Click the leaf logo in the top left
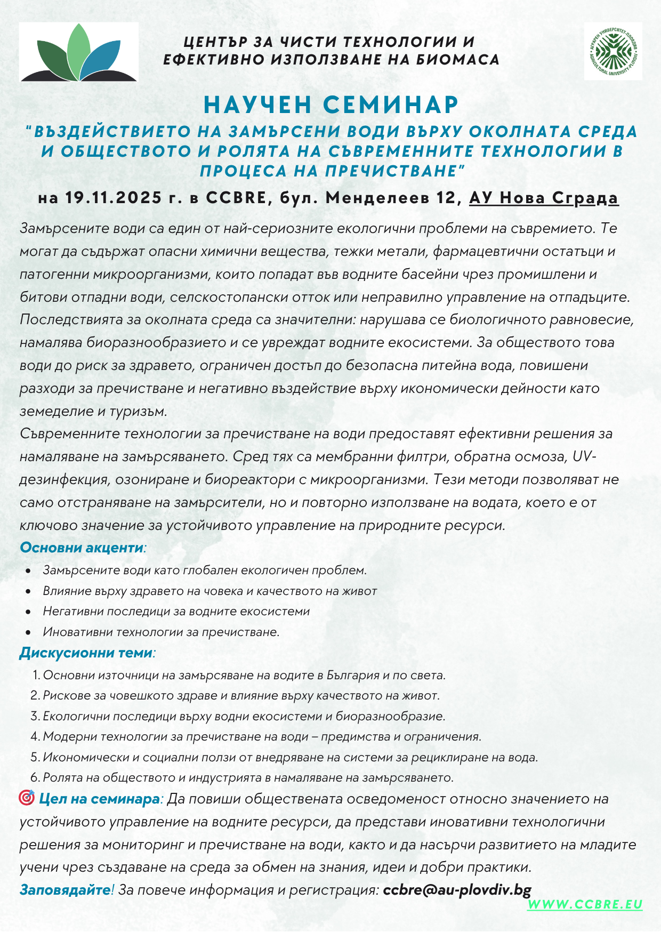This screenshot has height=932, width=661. pos(79,53)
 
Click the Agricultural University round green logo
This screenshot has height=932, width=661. pos(613,52)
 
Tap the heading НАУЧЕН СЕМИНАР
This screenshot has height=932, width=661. pos(330,105)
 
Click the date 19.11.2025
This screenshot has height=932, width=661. pos(113,198)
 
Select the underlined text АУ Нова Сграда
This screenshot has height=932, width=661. pos(543,198)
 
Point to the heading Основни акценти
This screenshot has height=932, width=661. pos(82,548)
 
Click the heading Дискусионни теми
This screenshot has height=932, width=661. pos(86,653)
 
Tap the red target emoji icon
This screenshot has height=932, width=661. pos(27,798)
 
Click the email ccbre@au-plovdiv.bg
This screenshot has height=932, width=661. pos(457,889)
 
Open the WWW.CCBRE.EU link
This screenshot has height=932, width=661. pos(584,904)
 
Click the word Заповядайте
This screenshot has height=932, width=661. pos(65,889)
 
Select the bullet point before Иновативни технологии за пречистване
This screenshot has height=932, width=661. pos(28,633)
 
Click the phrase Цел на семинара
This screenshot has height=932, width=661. pos(99,799)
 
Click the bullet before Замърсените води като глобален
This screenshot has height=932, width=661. pos(28,571)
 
